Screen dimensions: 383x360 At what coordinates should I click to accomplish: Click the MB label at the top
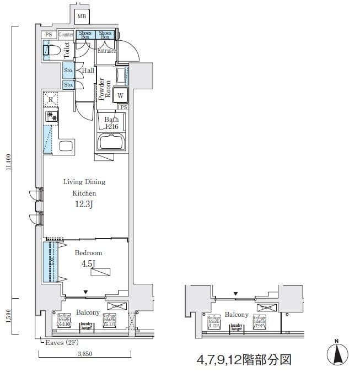[x=82, y=17]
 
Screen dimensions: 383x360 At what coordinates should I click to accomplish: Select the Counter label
[x=66, y=35]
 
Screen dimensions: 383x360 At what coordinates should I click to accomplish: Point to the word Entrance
[x=106, y=51]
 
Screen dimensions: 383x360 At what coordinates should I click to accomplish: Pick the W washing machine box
[x=121, y=95]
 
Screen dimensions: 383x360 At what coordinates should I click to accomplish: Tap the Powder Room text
[x=104, y=90]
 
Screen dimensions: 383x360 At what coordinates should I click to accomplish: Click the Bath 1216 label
[x=111, y=122]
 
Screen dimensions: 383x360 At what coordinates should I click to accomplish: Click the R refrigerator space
[x=51, y=99]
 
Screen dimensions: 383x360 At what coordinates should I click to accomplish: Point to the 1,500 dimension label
[x=8, y=316]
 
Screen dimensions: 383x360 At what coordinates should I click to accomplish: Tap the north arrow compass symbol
[x=340, y=353]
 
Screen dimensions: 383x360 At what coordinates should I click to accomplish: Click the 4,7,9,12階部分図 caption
[x=243, y=360]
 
